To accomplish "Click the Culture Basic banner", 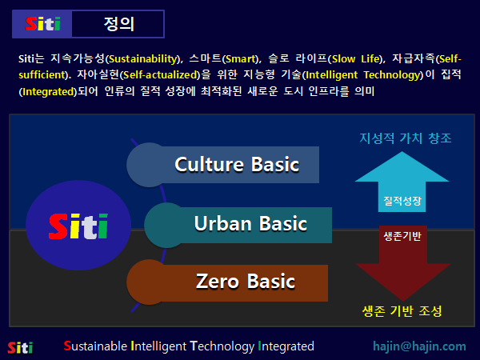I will pos(236,165).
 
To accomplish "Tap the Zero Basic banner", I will pos(245,282).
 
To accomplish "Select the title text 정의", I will pos(118,24).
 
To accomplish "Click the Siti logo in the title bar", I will pos(42,24).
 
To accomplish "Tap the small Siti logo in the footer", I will pos(20,347).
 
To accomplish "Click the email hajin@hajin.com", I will pos(419,346).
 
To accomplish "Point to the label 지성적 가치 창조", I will pos(404,138).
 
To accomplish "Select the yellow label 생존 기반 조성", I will pos(402,310).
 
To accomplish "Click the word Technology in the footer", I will pos(222,346).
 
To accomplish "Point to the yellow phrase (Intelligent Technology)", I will pos(367,75).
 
